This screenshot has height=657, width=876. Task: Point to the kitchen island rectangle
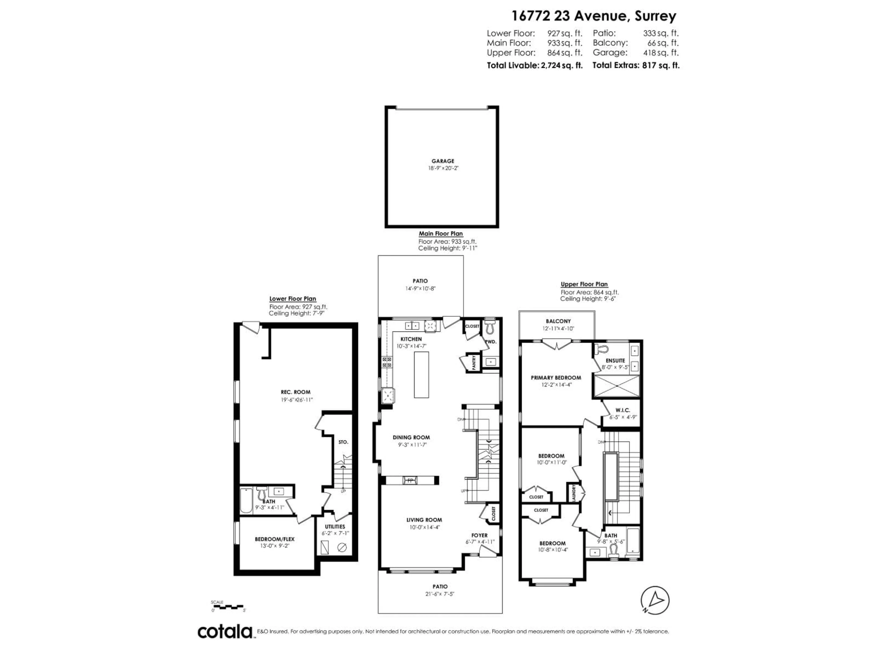tap(421, 375)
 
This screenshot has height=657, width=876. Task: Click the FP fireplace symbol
tap(410, 480)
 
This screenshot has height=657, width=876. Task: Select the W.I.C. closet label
tap(623, 410)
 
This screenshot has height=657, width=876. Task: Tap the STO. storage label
tap(343, 442)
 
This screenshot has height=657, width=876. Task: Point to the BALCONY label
tap(558, 321)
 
